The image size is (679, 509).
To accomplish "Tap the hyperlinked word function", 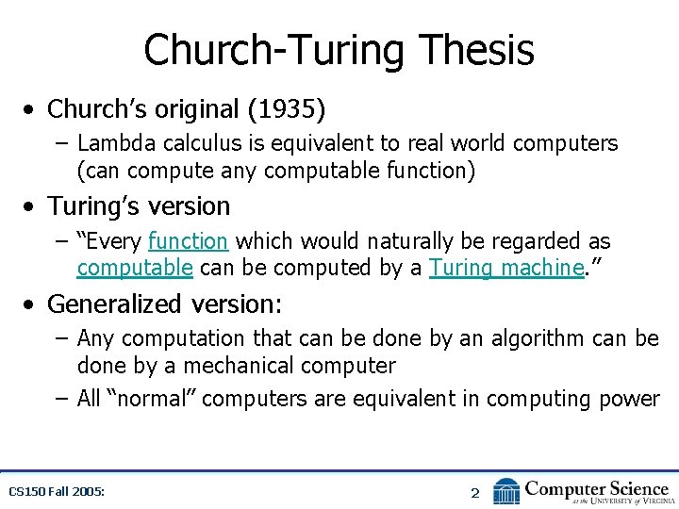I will pos(188,241).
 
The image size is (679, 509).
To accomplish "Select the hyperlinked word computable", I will pos(135,268).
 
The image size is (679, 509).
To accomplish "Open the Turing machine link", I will pos(505,268).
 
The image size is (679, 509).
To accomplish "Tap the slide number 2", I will pos(475,492).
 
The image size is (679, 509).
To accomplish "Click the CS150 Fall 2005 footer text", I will pos(56,491).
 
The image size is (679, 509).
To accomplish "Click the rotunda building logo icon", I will pos(506,491).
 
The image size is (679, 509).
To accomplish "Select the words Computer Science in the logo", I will pos(596,487).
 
